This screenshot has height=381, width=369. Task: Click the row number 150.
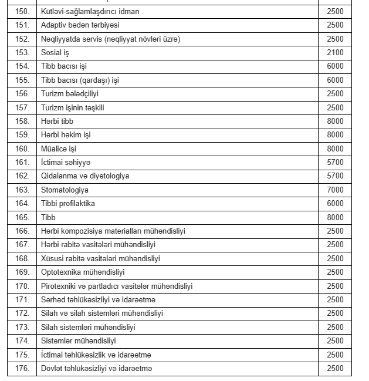pyautogui.click(x=22, y=11)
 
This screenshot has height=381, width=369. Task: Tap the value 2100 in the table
pyautogui.click(x=335, y=52)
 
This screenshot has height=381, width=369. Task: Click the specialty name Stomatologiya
pyautogui.click(x=65, y=190)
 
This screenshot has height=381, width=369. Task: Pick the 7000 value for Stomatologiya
pyautogui.click(x=335, y=190)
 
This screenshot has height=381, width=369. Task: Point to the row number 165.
pyautogui.click(x=22, y=217)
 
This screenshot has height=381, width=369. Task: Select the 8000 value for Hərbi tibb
pyautogui.click(x=335, y=121)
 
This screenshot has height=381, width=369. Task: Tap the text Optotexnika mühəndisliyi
pyautogui.click(x=83, y=272)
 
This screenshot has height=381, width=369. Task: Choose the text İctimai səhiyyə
pyautogui.click(x=66, y=162)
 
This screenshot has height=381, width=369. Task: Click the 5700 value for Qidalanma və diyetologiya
pyautogui.click(x=335, y=176)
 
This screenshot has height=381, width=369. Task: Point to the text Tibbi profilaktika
pyautogui.click(x=68, y=203)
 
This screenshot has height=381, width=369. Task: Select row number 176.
pyautogui.click(x=22, y=368)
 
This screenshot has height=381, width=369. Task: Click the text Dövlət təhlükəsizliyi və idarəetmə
pyautogui.click(x=97, y=368)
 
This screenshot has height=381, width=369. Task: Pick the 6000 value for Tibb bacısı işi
pyautogui.click(x=335, y=66)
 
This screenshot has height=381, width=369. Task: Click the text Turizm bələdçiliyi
pyautogui.click(x=69, y=93)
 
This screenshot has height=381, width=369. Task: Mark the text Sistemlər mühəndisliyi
pyautogui.click(x=79, y=340)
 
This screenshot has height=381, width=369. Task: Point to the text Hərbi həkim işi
pyautogui.click(x=66, y=134)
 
